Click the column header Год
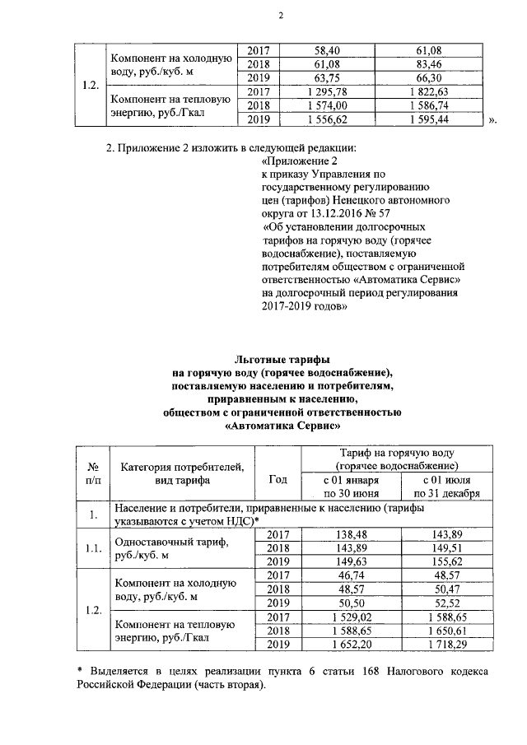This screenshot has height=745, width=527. click(278, 478)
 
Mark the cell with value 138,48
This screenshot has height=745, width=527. click(351, 534)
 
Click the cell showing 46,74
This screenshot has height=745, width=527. click(351, 575)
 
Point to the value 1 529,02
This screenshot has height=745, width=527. click(351, 616)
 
